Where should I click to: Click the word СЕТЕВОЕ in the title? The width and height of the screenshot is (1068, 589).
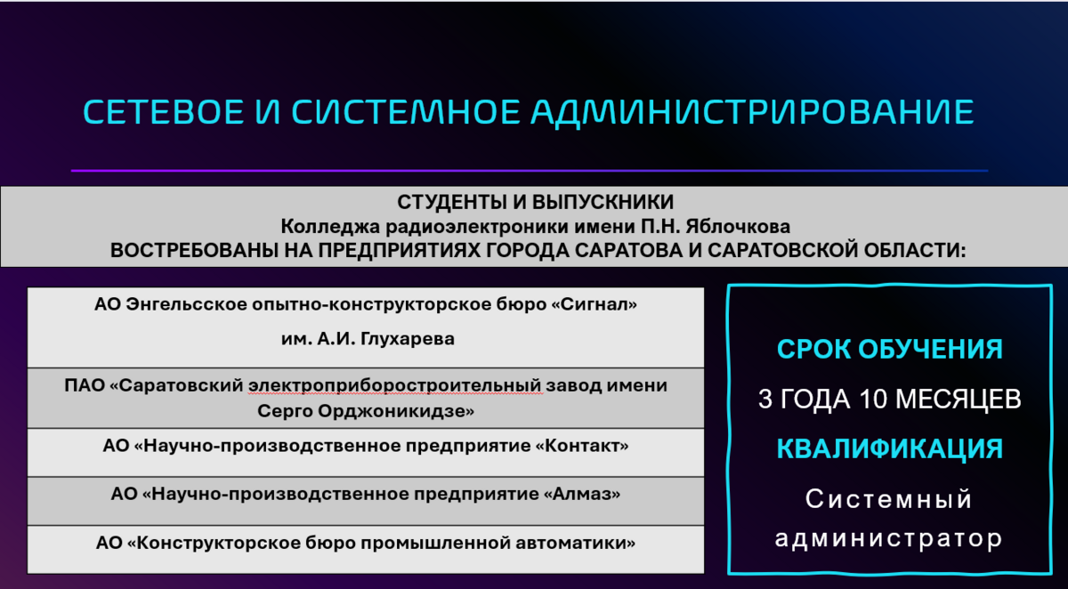(164, 112)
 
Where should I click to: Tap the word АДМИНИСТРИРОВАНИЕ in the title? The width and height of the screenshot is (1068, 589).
(752, 113)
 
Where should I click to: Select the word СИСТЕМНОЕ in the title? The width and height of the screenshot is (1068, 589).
(406, 112)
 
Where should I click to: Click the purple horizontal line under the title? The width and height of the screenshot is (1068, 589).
(530, 171)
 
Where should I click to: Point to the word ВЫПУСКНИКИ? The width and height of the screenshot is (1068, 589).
(603, 202)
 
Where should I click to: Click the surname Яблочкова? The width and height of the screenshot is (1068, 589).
(738, 226)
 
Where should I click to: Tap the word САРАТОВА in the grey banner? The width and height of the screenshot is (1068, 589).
(626, 251)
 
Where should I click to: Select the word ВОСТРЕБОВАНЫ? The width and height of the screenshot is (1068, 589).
(194, 251)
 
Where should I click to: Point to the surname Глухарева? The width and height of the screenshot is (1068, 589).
(408, 339)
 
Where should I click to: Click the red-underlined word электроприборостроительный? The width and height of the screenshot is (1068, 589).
(395, 385)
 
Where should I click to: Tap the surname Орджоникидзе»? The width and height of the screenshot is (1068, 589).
(396, 411)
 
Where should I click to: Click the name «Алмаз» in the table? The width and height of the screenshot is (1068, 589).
(582, 494)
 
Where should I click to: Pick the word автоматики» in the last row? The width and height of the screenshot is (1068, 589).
(576, 543)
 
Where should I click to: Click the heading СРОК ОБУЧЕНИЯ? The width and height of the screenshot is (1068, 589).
(890, 350)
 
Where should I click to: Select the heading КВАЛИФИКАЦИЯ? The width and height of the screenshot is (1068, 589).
(890, 449)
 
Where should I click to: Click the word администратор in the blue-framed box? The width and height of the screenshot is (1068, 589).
(889, 539)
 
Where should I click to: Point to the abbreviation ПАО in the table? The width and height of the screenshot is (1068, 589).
(84, 385)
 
